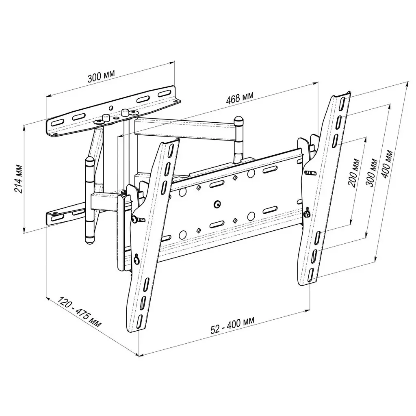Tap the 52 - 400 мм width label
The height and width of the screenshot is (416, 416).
(232, 325)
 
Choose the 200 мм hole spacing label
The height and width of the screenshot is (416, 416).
(354, 173)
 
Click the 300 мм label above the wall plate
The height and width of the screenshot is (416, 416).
(101, 76)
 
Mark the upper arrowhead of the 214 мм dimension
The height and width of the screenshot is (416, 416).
(25, 127)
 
